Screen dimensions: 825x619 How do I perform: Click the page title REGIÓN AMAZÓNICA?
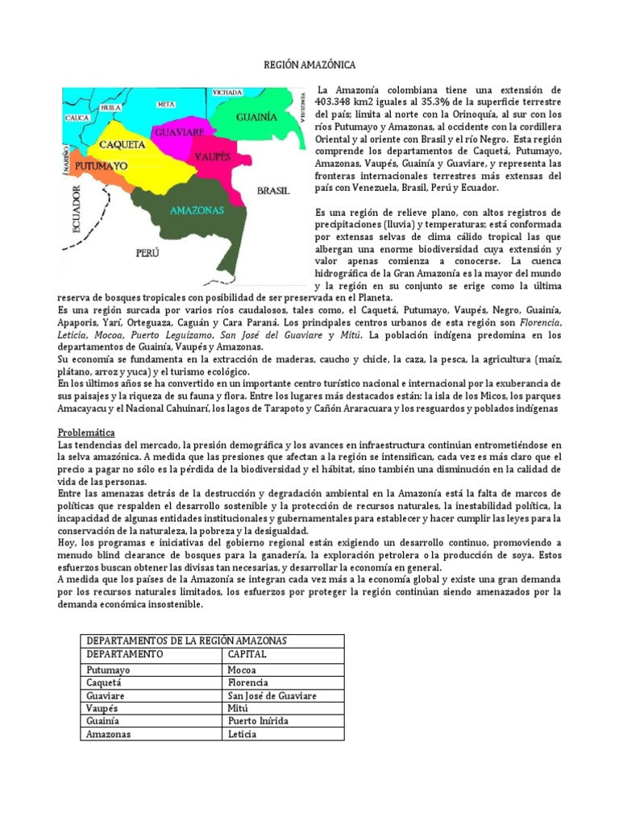[309, 64]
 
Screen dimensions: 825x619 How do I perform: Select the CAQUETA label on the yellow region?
[121, 145]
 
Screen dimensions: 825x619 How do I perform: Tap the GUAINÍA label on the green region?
[256, 117]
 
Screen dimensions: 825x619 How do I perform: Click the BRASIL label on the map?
[272, 191]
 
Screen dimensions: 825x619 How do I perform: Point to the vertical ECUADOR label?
[78, 209]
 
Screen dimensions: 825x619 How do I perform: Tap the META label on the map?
[166, 105]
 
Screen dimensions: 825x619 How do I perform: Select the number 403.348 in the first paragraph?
[338, 102]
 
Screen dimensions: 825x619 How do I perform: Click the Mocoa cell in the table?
[243, 670]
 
